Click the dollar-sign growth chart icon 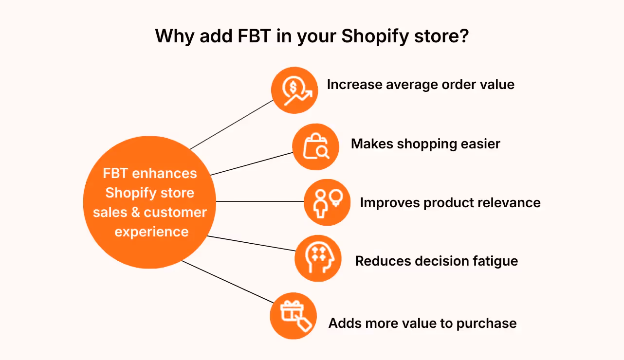[x=294, y=90]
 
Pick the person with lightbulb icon [x=327, y=202]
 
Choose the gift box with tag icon [x=294, y=316]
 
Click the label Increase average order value [x=421, y=85]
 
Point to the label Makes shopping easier [x=425, y=144]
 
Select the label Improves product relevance [x=450, y=203]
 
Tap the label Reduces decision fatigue [x=436, y=261]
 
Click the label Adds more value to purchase [x=422, y=324]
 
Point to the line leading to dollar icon [x=232, y=125]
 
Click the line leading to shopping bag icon [x=252, y=164]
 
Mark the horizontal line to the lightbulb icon [x=260, y=201]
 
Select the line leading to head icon [x=252, y=243]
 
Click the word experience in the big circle [x=151, y=232]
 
